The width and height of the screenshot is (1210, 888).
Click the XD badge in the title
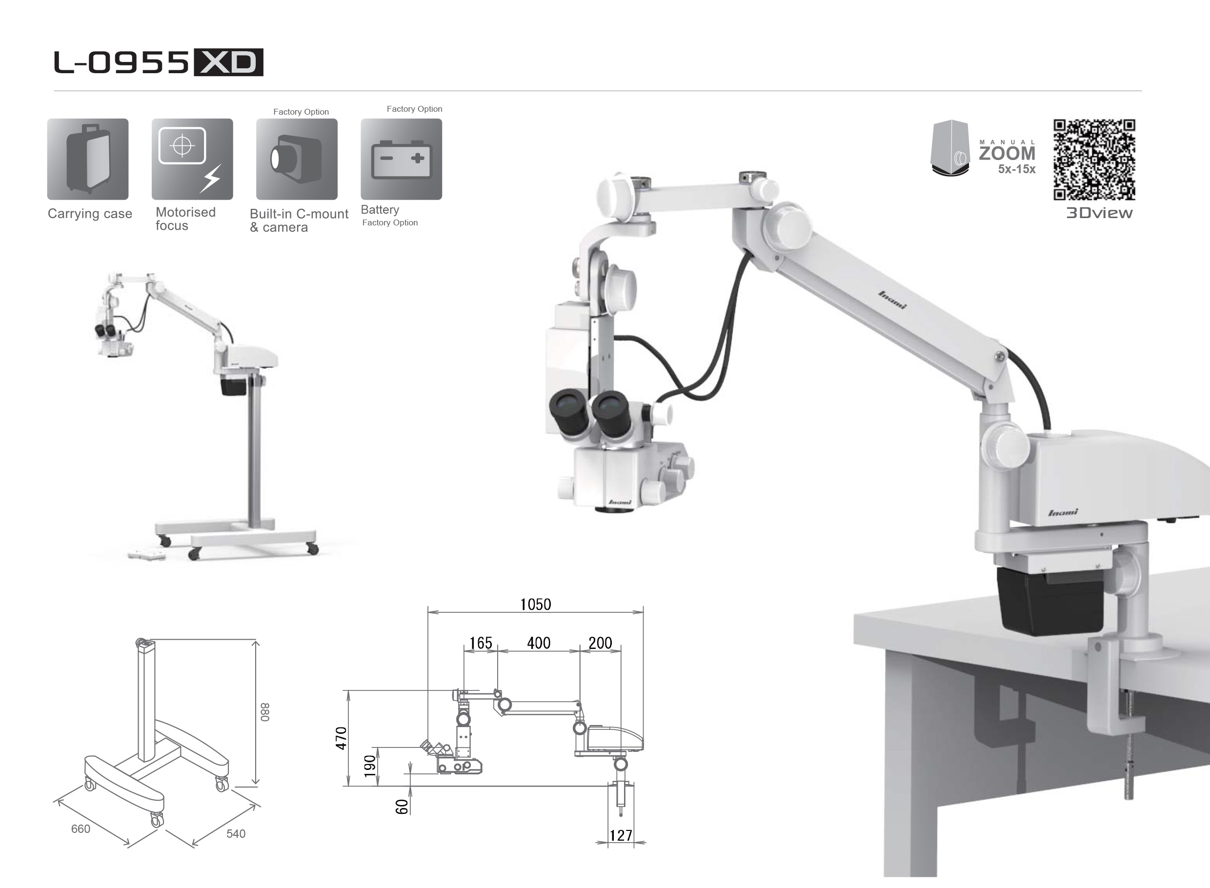pos(228,62)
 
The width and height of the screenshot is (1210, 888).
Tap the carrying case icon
pos(88,159)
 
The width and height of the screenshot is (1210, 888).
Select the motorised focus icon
pos(192,159)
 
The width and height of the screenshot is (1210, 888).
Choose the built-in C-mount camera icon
pos(297,159)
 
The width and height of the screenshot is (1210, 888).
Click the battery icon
pos(402,159)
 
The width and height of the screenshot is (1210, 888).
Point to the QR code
pos(1094,160)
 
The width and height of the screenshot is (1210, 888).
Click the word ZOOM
pos(1007,154)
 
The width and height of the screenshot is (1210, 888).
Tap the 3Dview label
pos(1099,213)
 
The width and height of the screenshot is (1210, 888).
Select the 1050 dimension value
pos(535,604)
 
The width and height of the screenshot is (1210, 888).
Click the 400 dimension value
pos(539,643)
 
